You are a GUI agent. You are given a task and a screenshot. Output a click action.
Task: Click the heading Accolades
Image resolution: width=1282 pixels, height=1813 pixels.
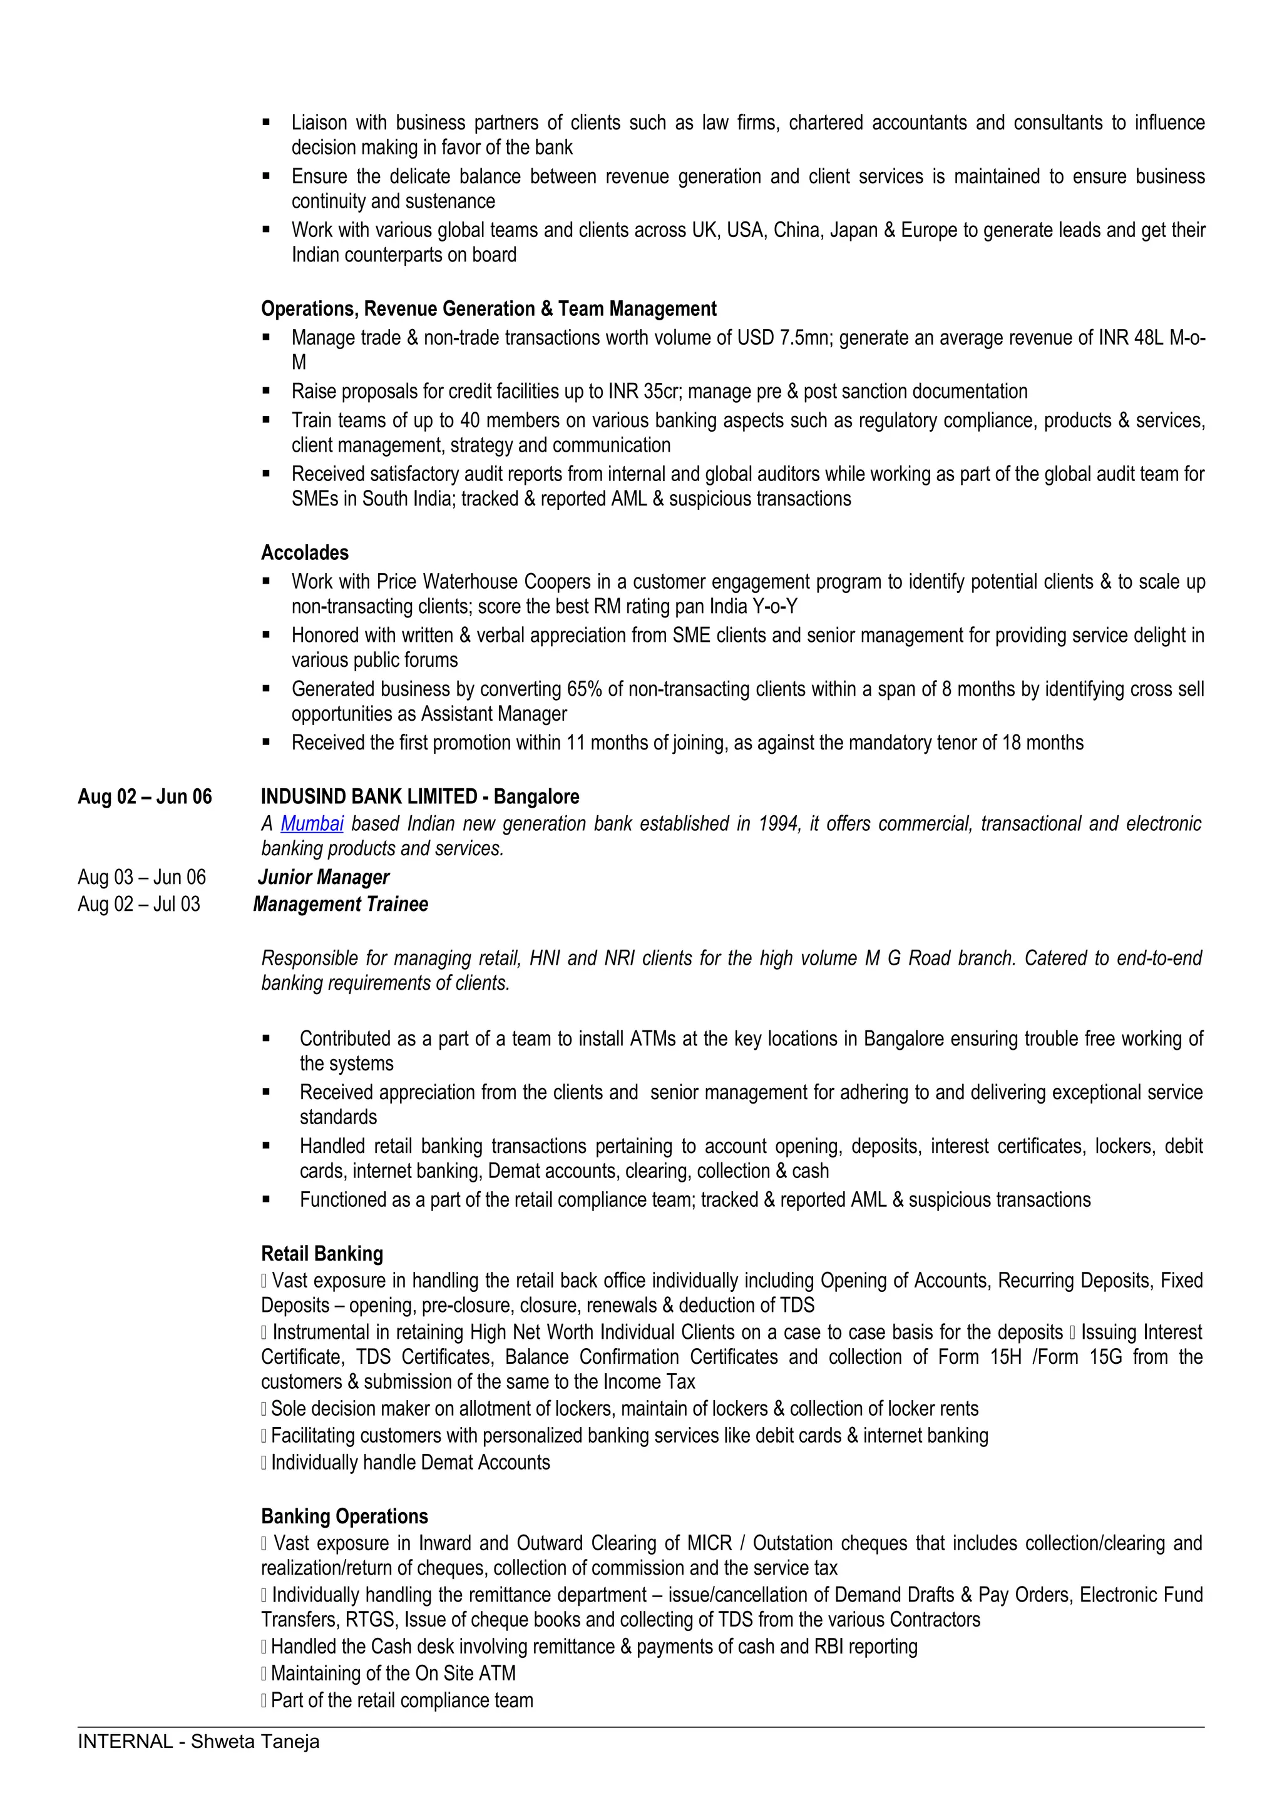click(304, 553)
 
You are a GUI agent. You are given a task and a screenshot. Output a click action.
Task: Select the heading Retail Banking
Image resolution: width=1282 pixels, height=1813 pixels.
click(322, 1253)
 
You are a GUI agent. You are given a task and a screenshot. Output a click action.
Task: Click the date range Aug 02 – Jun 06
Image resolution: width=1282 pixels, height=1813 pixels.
click(145, 797)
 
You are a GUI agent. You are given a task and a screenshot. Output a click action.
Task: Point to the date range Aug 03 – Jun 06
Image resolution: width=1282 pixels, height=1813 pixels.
click(141, 877)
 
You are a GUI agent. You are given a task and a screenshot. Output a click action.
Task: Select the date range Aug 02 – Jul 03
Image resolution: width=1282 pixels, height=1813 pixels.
click(138, 904)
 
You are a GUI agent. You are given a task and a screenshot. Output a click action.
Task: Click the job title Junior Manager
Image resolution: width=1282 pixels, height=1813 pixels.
click(323, 877)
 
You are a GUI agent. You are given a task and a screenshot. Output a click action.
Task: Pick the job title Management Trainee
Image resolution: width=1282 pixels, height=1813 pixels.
click(341, 904)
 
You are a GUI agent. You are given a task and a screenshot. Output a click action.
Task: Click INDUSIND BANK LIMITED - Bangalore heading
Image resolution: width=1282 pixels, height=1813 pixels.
click(419, 797)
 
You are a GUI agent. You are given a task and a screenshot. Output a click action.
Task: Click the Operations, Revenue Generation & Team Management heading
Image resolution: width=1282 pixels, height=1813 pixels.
click(488, 309)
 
